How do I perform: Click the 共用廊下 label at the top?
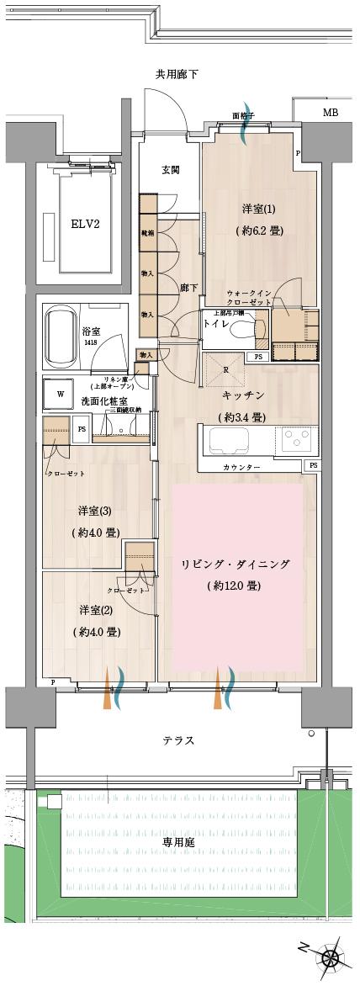[177, 75]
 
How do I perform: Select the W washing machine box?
[61, 393]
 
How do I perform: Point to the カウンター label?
[241, 467]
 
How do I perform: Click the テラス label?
[178, 740]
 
